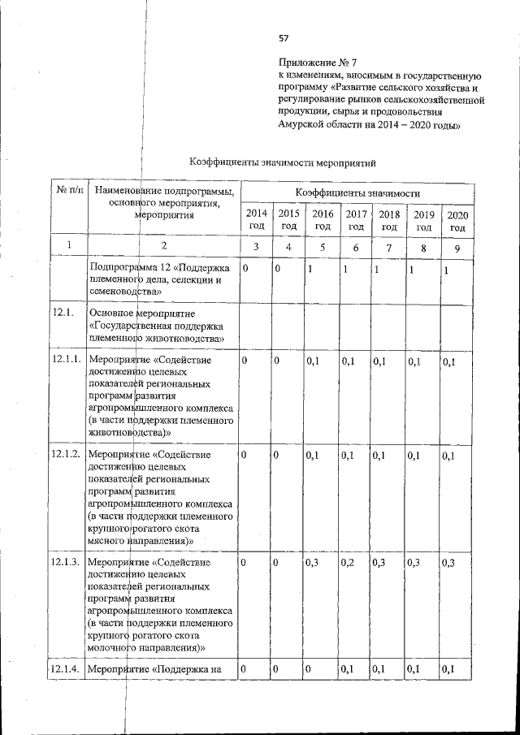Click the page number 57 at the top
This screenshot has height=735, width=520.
pos(284,38)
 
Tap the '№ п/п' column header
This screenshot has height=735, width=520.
pos(68,192)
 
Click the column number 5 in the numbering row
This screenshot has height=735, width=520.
pos(323,247)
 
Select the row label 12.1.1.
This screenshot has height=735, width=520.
pos(67,360)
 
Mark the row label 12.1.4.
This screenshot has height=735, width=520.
pos(67,669)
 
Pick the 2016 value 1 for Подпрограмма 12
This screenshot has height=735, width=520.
pos(310,269)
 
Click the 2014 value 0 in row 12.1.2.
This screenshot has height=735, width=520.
pos(245,456)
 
